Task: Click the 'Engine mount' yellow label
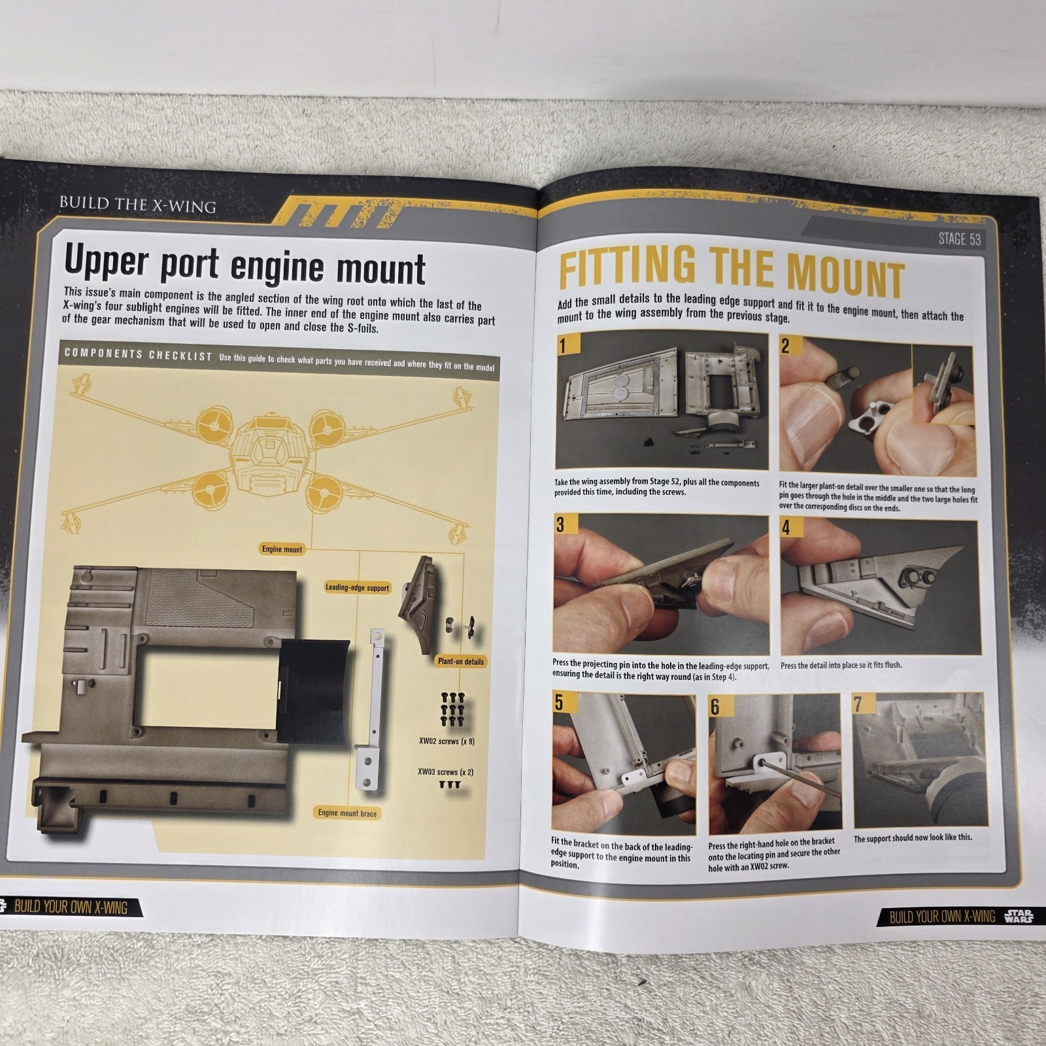(x=282, y=549)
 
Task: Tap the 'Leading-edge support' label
(x=357, y=588)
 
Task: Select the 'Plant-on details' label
(x=460, y=662)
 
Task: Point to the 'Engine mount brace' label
(x=347, y=813)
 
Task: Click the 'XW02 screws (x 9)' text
(x=447, y=741)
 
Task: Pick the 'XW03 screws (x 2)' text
(x=446, y=772)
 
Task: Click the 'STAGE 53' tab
(x=960, y=239)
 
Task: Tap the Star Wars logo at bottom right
(x=1019, y=915)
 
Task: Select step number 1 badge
(x=563, y=345)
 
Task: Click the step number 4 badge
(x=787, y=527)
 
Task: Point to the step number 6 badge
(x=716, y=706)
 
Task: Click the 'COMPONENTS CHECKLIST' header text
(x=138, y=354)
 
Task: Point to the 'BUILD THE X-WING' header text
(x=137, y=205)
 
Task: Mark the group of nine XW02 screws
(x=452, y=709)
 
